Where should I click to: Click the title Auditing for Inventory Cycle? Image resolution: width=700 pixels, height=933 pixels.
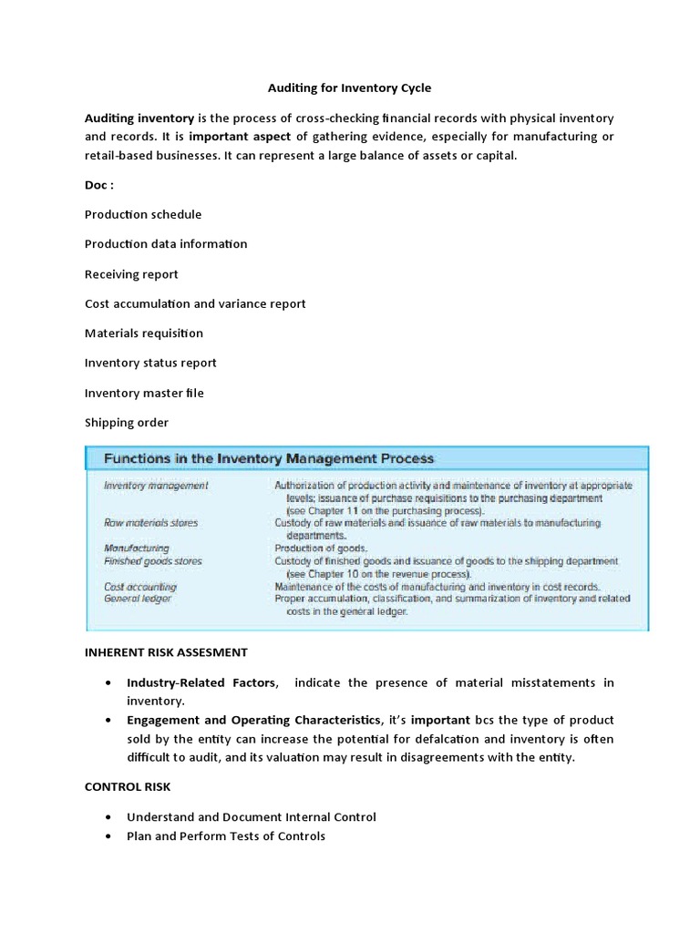coord(349,88)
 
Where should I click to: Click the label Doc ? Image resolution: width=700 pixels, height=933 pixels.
coord(99,185)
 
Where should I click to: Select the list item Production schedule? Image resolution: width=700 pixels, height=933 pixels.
coord(143,214)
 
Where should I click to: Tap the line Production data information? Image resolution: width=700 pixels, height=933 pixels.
coord(166,244)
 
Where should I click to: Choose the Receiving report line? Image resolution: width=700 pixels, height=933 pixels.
coord(131,274)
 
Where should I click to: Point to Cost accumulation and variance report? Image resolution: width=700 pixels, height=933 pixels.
coord(195,303)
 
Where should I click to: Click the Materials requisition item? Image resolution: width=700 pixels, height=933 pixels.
coord(144,333)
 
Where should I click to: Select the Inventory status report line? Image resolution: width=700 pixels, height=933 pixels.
coord(150,363)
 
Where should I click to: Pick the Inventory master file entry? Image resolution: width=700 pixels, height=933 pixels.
coord(144,393)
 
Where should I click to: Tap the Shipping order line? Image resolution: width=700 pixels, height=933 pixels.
coord(127,423)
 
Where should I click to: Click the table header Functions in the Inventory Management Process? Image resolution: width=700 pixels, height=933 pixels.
coord(269,458)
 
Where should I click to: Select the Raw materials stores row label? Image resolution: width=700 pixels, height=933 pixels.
coord(150,523)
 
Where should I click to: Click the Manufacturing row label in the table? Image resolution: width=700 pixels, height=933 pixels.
coord(137,549)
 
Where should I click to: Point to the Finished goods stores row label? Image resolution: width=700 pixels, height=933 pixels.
coord(153,561)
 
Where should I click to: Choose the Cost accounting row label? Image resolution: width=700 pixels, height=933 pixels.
coord(140,587)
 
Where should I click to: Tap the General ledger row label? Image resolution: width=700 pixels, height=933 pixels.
coord(138,599)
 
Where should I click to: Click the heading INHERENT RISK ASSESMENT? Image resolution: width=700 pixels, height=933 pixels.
coord(166,652)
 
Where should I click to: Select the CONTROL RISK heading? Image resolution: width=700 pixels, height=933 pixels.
coord(127,786)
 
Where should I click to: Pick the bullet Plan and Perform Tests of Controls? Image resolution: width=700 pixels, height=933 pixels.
coord(226,836)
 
